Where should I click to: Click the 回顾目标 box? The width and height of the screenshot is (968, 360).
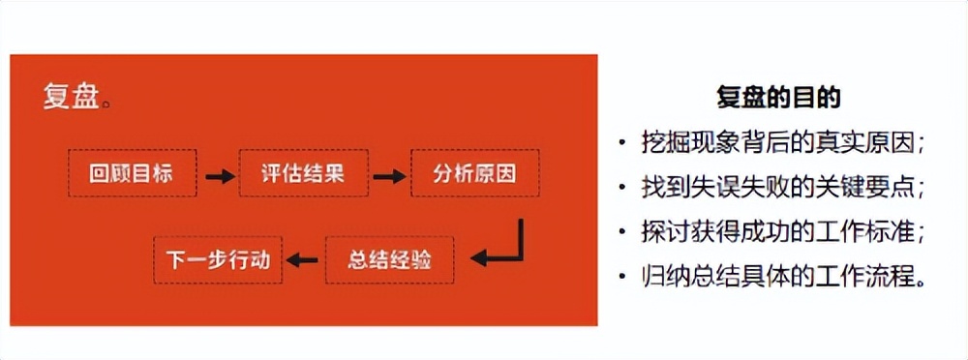click(x=132, y=175)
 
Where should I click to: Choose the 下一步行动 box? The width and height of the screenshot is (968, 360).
click(x=219, y=259)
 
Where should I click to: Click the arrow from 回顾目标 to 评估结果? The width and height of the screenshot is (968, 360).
click(x=219, y=176)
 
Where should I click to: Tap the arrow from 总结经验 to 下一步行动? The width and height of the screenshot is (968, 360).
click(x=305, y=259)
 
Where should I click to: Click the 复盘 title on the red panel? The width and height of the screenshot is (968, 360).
click(x=71, y=97)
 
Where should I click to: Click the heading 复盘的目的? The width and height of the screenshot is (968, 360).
click(x=777, y=97)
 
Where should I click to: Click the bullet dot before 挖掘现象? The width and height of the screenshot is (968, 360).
click(x=622, y=143)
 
